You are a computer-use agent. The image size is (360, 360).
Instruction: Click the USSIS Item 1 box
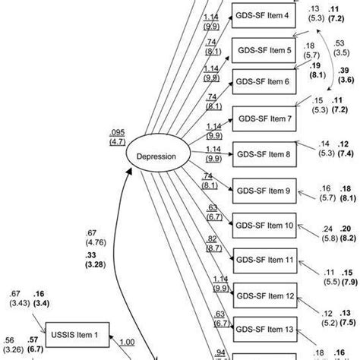coord(81,332)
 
